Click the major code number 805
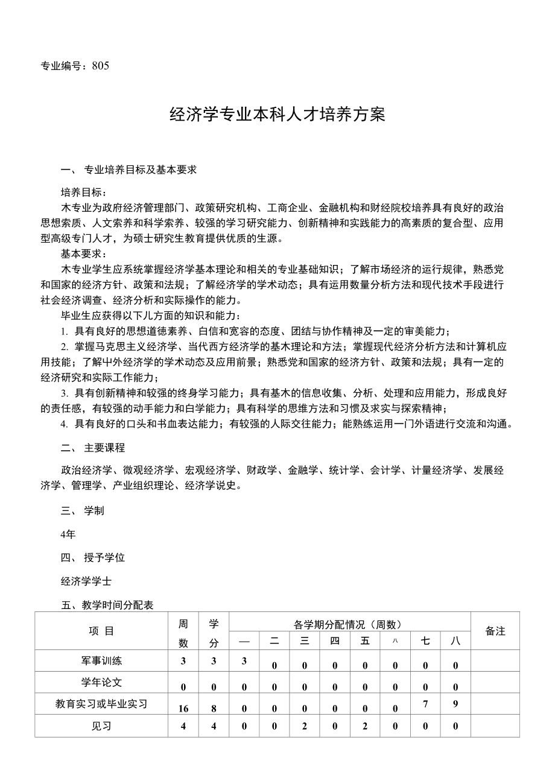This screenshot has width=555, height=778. [x=101, y=66]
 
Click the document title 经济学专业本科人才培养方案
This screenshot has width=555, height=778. [x=277, y=115]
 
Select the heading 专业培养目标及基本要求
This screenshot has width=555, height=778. [x=140, y=170]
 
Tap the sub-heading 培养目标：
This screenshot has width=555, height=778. [x=84, y=193]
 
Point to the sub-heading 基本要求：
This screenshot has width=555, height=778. [x=84, y=253]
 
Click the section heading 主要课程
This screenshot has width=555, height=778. [x=104, y=447]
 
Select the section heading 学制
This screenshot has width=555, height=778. [x=94, y=511]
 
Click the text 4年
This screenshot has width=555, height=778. [x=68, y=534]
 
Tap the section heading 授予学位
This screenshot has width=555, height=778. [x=104, y=558]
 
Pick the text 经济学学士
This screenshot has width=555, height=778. [x=86, y=581]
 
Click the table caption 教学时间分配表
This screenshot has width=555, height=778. [x=118, y=605]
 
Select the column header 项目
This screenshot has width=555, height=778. [x=101, y=631]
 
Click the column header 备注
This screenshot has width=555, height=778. [x=495, y=631]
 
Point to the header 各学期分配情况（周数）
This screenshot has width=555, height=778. [x=348, y=625]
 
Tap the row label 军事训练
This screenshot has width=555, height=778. [x=101, y=661]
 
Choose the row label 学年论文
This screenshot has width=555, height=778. [x=101, y=682]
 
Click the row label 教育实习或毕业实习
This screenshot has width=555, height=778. [x=101, y=704]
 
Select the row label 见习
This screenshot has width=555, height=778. [x=101, y=726]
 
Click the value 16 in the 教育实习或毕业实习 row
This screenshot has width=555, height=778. [x=183, y=709]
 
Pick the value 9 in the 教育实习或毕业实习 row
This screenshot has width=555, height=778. [x=455, y=703]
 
